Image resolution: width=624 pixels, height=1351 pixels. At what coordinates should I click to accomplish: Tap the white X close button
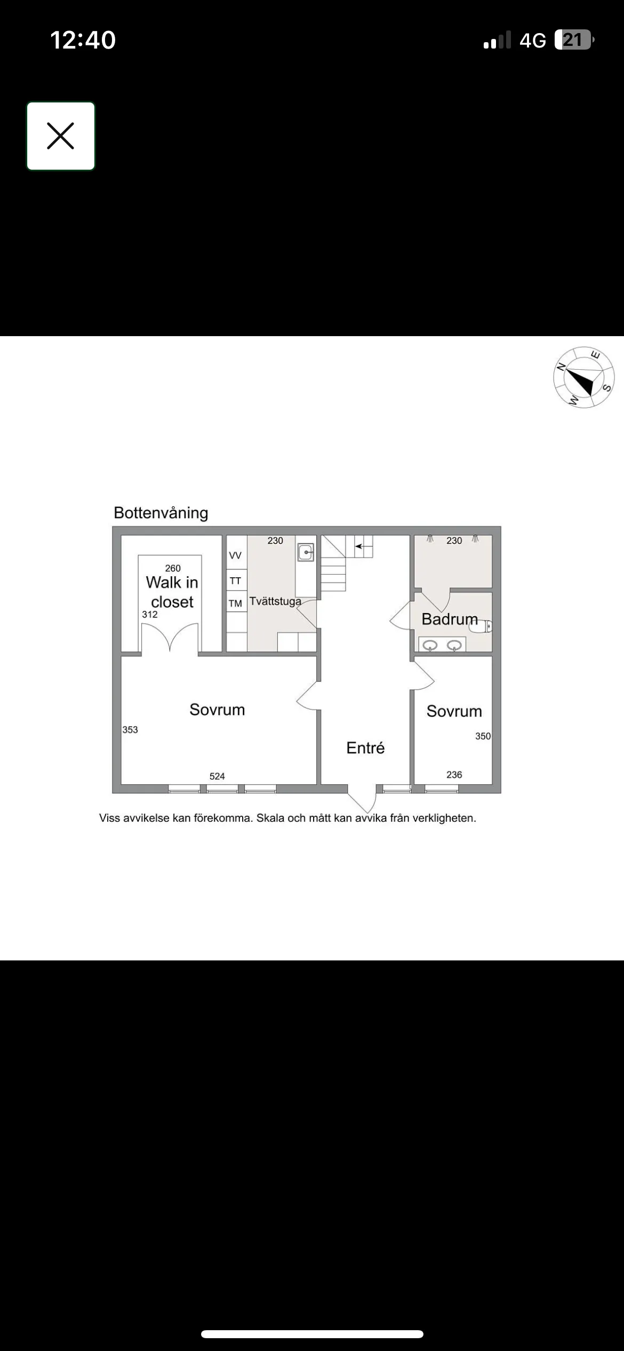point(61,136)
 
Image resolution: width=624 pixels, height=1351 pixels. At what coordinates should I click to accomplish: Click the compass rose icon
point(583,377)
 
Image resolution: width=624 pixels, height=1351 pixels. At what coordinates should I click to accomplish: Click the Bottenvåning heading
point(161,513)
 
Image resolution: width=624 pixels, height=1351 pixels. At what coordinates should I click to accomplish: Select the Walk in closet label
point(172,592)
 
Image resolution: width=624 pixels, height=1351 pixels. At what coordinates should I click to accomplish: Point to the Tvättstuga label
point(275,601)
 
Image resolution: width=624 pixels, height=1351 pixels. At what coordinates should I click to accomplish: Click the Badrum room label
point(449,619)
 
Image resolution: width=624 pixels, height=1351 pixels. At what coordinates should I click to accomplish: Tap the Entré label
point(365,748)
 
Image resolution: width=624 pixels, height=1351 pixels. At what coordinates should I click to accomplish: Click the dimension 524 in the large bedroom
point(217,776)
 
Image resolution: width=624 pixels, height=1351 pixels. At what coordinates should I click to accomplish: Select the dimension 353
point(130,729)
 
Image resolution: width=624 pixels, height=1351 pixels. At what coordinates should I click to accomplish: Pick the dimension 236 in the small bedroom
point(454,775)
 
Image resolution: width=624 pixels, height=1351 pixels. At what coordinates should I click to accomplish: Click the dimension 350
point(483,736)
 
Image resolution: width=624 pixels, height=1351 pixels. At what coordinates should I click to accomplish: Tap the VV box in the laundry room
point(235,555)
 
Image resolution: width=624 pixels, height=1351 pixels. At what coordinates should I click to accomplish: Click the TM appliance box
point(235,603)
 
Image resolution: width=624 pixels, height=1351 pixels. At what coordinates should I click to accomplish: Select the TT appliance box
point(235,581)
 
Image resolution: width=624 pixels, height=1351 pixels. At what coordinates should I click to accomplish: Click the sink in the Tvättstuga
point(306,552)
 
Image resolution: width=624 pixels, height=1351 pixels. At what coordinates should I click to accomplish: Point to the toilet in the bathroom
point(481,626)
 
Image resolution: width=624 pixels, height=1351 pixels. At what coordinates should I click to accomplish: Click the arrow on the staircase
point(358,546)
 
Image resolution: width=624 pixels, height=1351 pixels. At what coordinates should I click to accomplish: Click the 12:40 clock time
point(83,40)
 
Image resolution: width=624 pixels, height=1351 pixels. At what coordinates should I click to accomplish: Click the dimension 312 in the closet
point(150,614)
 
